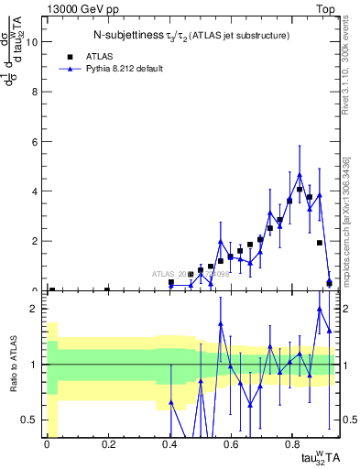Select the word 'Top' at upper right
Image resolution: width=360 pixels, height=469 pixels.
tap(327, 7)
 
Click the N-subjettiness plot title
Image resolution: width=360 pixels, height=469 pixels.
tap(191, 36)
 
